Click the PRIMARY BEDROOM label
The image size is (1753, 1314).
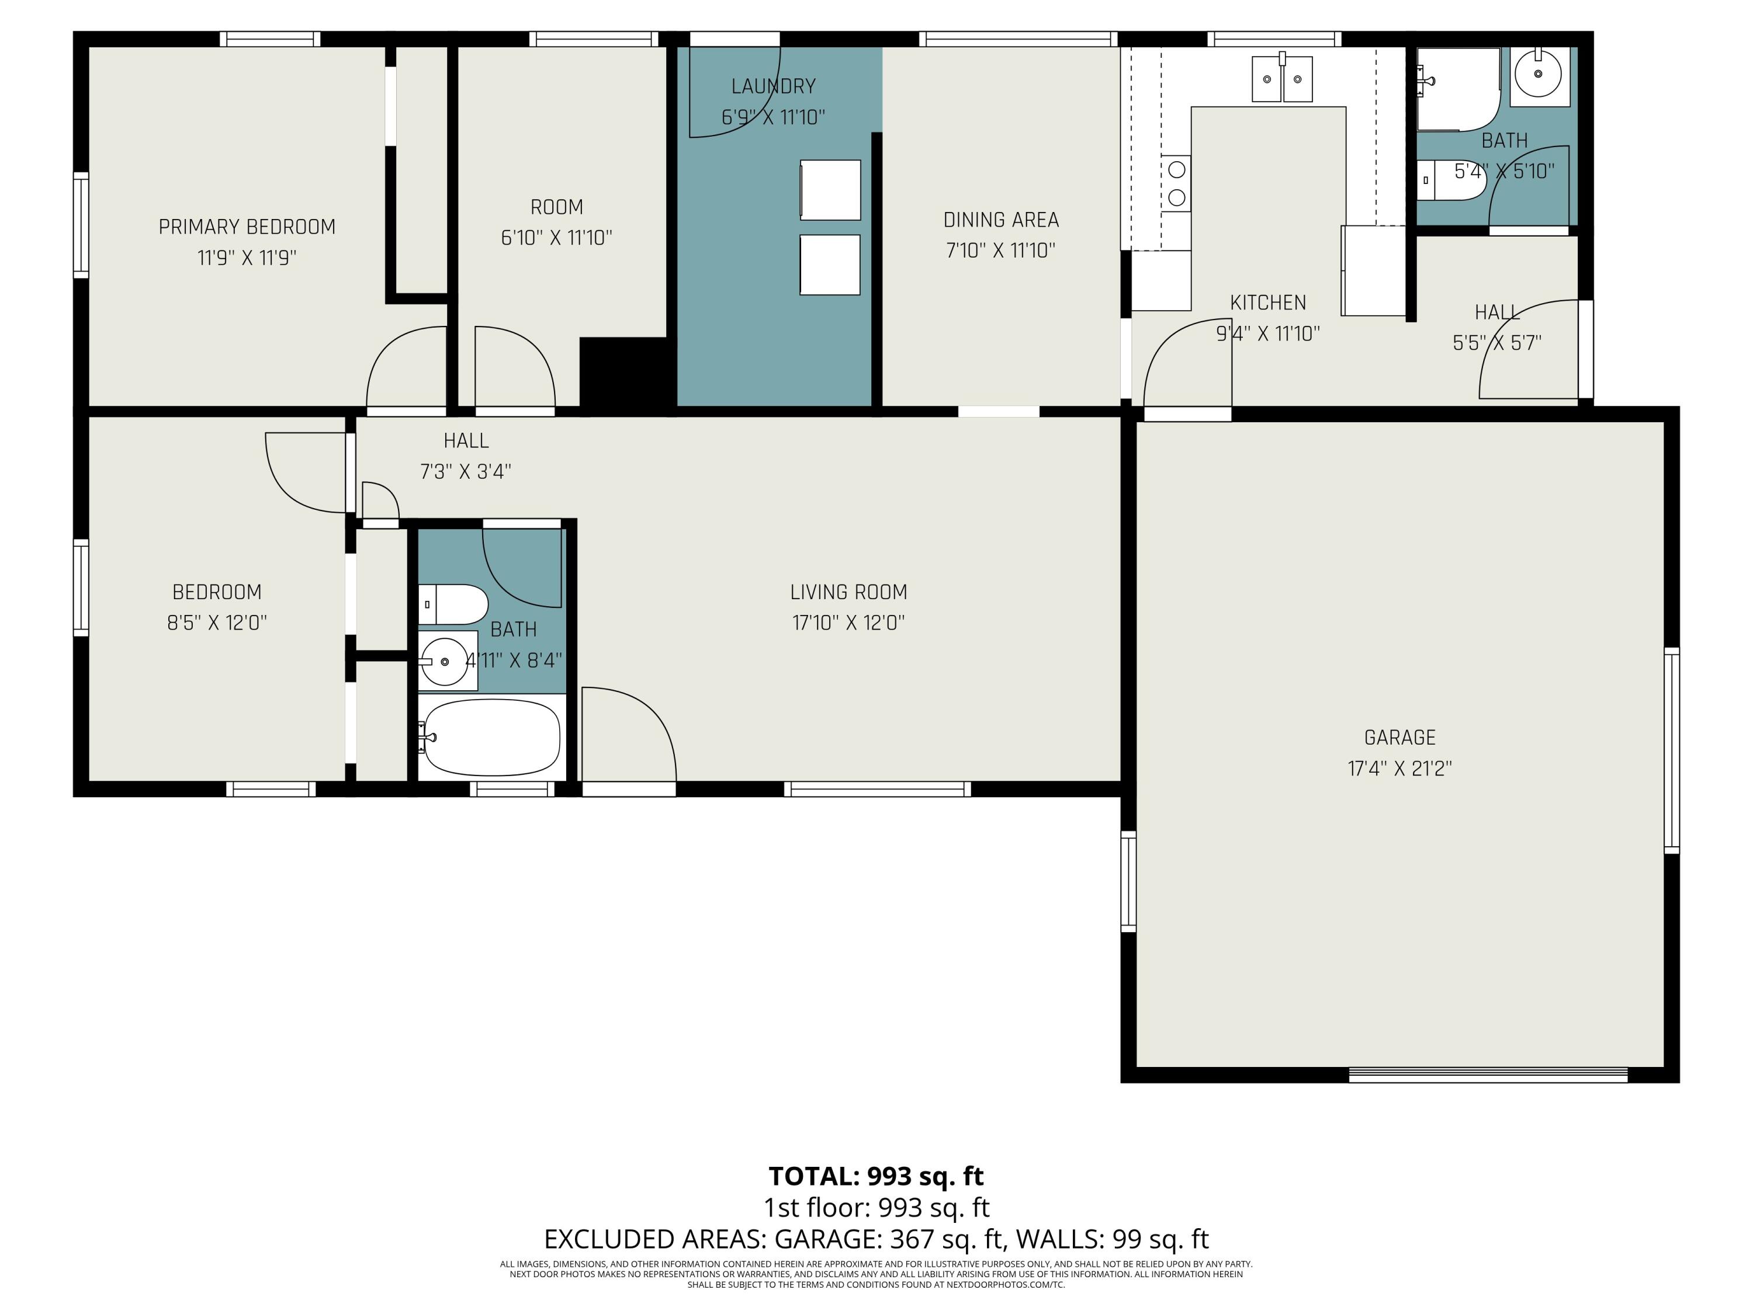click(247, 227)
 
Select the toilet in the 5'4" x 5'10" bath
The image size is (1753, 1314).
click(1450, 180)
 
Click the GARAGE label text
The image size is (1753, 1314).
click(1399, 738)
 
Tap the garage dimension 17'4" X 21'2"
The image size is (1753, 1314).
click(1399, 769)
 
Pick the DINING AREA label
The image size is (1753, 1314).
click(1001, 220)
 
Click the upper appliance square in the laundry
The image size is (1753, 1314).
click(830, 190)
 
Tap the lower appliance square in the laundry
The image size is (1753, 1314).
click(830, 265)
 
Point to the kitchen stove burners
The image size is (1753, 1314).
click(1177, 183)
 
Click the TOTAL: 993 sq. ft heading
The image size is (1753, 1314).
click(876, 1176)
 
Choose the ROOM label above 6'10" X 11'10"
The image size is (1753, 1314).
click(556, 207)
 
